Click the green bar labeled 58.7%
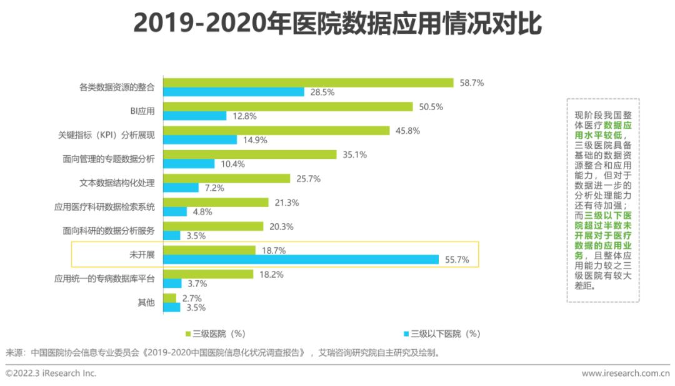(307, 83)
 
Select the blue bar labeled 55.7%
(301, 260)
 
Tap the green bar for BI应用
(287, 106)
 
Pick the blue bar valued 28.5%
(233, 92)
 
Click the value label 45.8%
(407, 131)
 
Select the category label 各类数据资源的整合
(117, 87)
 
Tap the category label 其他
(146, 303)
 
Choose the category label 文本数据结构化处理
(117, 183)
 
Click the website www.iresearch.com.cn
(626, 373)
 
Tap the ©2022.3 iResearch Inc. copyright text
(51, 373)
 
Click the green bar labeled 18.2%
(207, 274)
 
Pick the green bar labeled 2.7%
(169, 298)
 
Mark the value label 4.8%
(202, 211)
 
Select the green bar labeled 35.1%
(249, 155)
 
